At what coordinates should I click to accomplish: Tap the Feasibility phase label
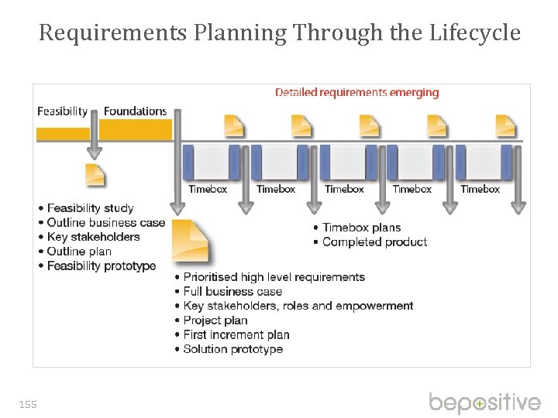pos(63,111)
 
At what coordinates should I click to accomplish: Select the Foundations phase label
pos(135,111)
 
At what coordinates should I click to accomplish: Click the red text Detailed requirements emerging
pos(356,92)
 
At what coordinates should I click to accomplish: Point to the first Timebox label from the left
pos(208,189)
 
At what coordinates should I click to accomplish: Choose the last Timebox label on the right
pos(480,189)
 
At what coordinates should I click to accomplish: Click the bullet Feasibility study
pos(90,208)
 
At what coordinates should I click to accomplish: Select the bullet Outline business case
pos(106,223)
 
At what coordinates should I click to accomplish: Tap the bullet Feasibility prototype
pos(101,266)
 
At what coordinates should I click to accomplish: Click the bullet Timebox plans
pos(361,228)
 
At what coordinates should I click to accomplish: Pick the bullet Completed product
pos(374,242)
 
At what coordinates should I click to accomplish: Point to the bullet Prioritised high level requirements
pos(274,277)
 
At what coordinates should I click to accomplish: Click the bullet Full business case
pos(232,292)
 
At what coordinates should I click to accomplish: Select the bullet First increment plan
pos(236,334)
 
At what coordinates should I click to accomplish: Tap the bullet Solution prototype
pos(232,349)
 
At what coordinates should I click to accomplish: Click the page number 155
pos(28,404)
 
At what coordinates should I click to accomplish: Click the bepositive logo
pos(484,403)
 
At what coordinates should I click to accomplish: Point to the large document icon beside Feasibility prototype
pos(191,241)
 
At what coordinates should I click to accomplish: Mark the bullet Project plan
pos(215,320)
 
